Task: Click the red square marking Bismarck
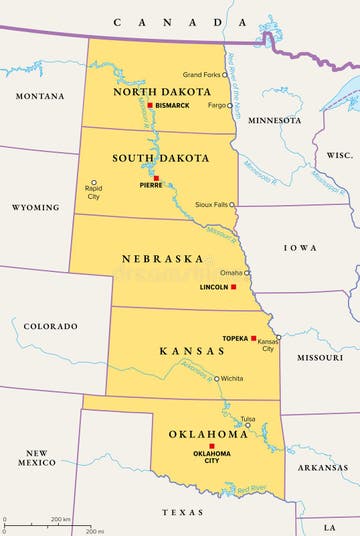pyautogui.click(x=150, y=105)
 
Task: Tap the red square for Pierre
pyautogui.click(x=155, y=179)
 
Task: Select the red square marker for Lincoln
pyautogui.click(x=234, y=287)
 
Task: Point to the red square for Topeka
pyautogui.click(x=254, y=338)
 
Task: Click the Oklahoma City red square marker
pyautogui.click(x=211, y=446)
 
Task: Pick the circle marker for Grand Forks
pyautogui.click(x=224, y=74)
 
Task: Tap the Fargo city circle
pyautogui.click(x=229, y=105)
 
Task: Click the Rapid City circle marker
pyautogui.click(x=94, y=183)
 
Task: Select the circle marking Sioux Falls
pyautogui.click(x=232, y=204)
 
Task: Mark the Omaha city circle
pyautogui.click(x=247, y=272)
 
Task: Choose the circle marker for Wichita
pyautogui.click(x=216, y=379)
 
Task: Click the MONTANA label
pyautogui.click(x=39, y=96)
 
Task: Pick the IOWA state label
pyautogui.click(x=300, y=247)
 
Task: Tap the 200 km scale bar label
pyautogui.click(x=60, y=520)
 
